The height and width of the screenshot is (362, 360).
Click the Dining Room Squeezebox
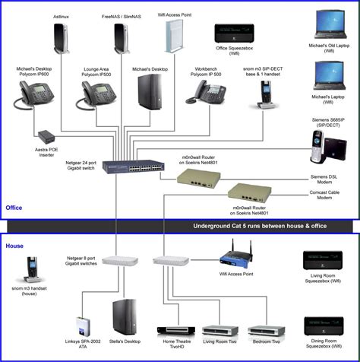[x=323, y=328]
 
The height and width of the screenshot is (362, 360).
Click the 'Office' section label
[x=14, y=207]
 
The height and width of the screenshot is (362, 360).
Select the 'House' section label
[x=14, y=246]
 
